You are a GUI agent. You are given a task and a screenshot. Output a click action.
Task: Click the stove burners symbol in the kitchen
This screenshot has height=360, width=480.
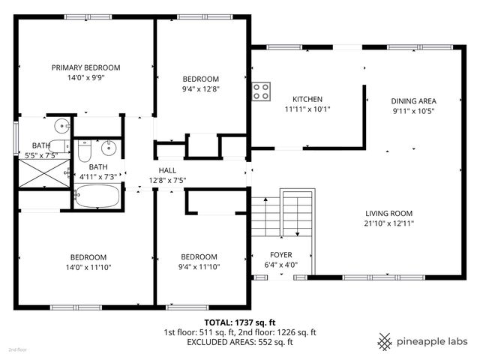tap(261, 91)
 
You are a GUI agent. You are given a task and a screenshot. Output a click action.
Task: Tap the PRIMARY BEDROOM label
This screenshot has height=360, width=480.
tap(85, 67)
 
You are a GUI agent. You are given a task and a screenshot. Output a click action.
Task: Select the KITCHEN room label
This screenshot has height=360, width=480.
tap(307, 99)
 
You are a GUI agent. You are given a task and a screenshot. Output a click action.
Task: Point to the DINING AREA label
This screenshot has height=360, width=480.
tap(413, 101)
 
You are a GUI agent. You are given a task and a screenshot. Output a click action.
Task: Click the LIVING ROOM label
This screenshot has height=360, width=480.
tap(388, 213)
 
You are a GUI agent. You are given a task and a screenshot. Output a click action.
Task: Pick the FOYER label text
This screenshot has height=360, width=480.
tap(281, 255)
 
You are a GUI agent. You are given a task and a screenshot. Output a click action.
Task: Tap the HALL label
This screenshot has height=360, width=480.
tap(167, 170)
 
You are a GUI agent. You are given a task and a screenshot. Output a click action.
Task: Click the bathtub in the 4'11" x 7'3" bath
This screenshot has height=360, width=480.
tap(97, 196)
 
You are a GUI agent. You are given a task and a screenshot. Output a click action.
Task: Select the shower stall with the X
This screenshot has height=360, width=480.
tap(44, 173)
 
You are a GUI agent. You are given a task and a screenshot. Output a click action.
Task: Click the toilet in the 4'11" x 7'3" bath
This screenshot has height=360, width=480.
tap(84, 151)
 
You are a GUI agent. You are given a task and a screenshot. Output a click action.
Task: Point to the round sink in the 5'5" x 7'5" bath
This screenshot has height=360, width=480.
tap(62, 126)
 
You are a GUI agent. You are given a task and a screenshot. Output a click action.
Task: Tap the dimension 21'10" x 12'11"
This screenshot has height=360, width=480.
tap(388, 223)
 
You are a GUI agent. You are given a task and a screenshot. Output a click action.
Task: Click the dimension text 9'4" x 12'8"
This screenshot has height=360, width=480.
tap(201, 89)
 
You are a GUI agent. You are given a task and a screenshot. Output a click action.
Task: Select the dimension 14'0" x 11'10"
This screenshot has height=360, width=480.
tap(88, 267)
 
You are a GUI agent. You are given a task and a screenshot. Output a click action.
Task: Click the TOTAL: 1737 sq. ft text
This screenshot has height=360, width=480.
tap(240, 322)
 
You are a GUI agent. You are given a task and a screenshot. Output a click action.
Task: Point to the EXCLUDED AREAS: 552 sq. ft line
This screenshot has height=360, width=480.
tap(240, 342)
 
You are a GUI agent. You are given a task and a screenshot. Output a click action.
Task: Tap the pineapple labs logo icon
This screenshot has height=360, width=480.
tap(385, 341)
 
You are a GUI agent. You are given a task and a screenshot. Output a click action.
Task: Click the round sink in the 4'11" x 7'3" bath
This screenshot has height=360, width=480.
tap(109, 148)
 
